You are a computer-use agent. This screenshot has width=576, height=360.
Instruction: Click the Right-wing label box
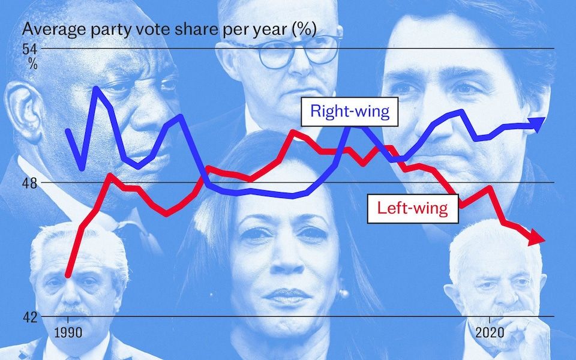tap(350, 112)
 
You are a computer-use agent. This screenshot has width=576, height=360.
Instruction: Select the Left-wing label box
tap(412, 208)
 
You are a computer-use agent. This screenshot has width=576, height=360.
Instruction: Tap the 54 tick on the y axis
tap(31, 48)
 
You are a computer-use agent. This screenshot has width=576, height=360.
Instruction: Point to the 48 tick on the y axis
tap(30, 182)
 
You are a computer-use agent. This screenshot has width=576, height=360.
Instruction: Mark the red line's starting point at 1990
tap(68, 275)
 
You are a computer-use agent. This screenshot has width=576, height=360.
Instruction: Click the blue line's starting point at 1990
tap(68, 130)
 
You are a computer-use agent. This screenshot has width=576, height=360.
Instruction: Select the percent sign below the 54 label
tap(32, 64)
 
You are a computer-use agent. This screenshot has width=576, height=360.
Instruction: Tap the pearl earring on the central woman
tap(344, 293)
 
